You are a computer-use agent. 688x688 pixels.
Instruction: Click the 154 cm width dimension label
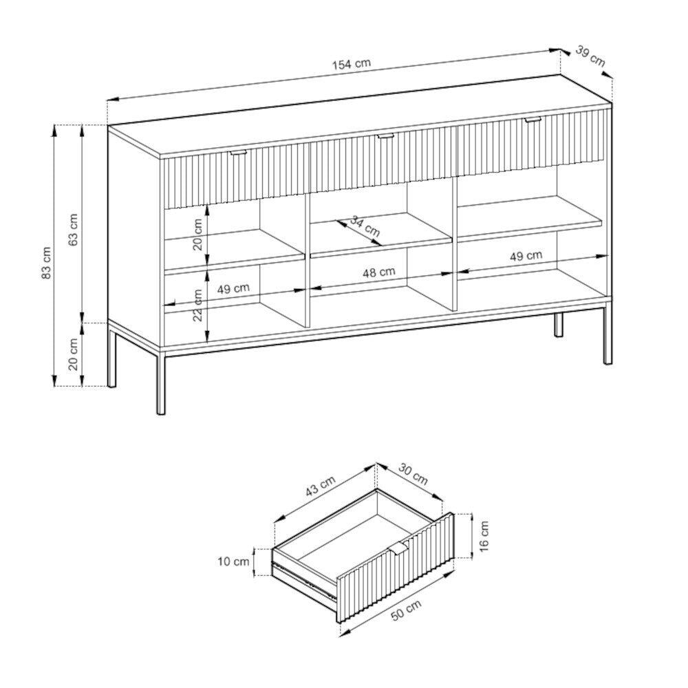[351, 64]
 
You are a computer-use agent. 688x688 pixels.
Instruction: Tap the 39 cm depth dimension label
[590, 56]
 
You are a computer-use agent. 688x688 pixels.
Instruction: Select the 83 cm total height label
[47, 262]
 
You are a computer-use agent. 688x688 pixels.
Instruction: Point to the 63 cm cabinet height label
[73, 230]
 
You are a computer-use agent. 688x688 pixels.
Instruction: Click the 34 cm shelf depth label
[365, 226]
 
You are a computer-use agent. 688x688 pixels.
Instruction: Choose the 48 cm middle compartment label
[378, 272]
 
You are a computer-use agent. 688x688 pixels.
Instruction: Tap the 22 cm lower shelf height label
[199, 305]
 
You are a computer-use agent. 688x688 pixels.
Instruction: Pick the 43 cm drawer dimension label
[321, 486]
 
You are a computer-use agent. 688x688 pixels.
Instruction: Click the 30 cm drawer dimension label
[413, 473]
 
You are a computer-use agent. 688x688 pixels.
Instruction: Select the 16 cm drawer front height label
[484, 536]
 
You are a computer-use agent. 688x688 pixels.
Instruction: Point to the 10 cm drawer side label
[233, 561]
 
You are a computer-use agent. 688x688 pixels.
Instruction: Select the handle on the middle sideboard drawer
[386, 137]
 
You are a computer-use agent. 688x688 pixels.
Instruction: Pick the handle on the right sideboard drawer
[533, 119]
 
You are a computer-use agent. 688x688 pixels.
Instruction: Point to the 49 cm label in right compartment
[526, 255]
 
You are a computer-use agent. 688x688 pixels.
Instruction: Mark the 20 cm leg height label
[73, 354]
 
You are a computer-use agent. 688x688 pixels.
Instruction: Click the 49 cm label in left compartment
[233, 289]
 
